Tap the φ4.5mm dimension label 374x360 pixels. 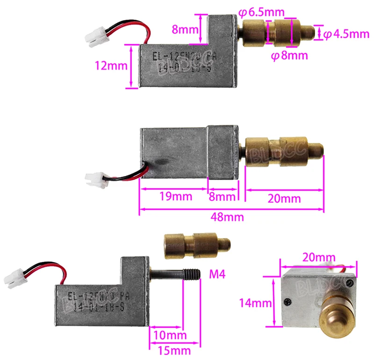click(346, 34)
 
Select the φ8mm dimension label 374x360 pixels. click(289, 56)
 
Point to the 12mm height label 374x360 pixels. click(110, 66)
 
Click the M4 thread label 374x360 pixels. click(216, 274)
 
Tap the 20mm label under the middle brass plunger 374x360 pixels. click(285, 198)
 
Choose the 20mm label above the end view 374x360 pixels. click(319, 257)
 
